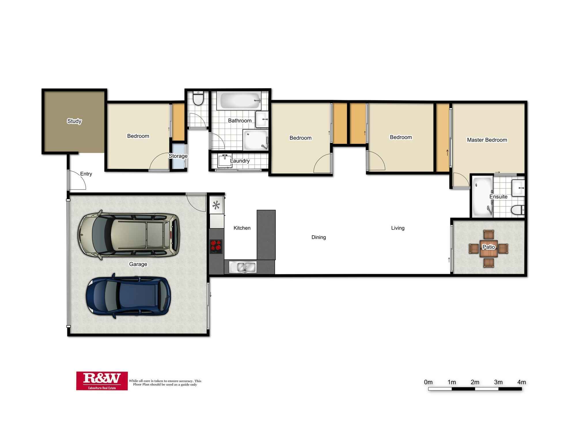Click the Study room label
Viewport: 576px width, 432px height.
coord(74,121)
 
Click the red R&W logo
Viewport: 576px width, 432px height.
coord(102,381)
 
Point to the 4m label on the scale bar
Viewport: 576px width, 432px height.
coord(522,382)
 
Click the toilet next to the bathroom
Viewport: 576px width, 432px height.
coord(198,99)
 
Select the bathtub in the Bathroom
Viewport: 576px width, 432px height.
coord(239,101)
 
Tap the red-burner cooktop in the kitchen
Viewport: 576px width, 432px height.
coord(216,246)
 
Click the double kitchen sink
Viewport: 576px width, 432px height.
coord(243,267)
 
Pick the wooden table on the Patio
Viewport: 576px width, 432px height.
coord(488,249)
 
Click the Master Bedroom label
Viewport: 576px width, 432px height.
coord(487,140)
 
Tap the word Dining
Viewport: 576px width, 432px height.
coord(319,237)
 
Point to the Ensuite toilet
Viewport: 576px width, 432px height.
coord(518,210)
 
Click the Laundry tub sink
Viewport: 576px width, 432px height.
coord(224,161)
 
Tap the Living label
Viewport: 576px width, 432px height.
coord(397,228)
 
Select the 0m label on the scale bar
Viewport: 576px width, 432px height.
coord(428,382)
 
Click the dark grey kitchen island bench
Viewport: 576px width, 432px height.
coord(266,235)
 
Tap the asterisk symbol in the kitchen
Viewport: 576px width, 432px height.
coord(216,205)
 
